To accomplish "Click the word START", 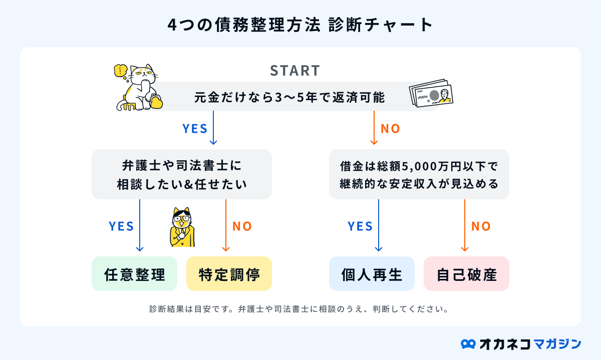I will [294, 71].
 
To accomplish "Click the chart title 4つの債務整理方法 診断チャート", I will [300, 26].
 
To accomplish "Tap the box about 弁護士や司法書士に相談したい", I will [182, 174].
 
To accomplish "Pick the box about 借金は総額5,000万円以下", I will [419, 174].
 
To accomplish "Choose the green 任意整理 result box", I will [134, 274].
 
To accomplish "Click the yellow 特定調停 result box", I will [229, 274].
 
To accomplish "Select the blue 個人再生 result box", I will [372, 274].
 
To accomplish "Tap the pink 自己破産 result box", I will [466, 274].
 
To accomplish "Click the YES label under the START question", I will [195, 129].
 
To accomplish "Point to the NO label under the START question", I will [391, 129].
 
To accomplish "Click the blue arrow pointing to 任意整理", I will [140, 225].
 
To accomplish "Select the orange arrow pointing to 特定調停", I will [226, 225].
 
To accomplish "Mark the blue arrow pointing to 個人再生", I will [379, 225].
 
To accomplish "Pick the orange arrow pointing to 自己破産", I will [465, 225].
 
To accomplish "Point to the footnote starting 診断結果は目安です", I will [298, 308].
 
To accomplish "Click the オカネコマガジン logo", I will [521, 343].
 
